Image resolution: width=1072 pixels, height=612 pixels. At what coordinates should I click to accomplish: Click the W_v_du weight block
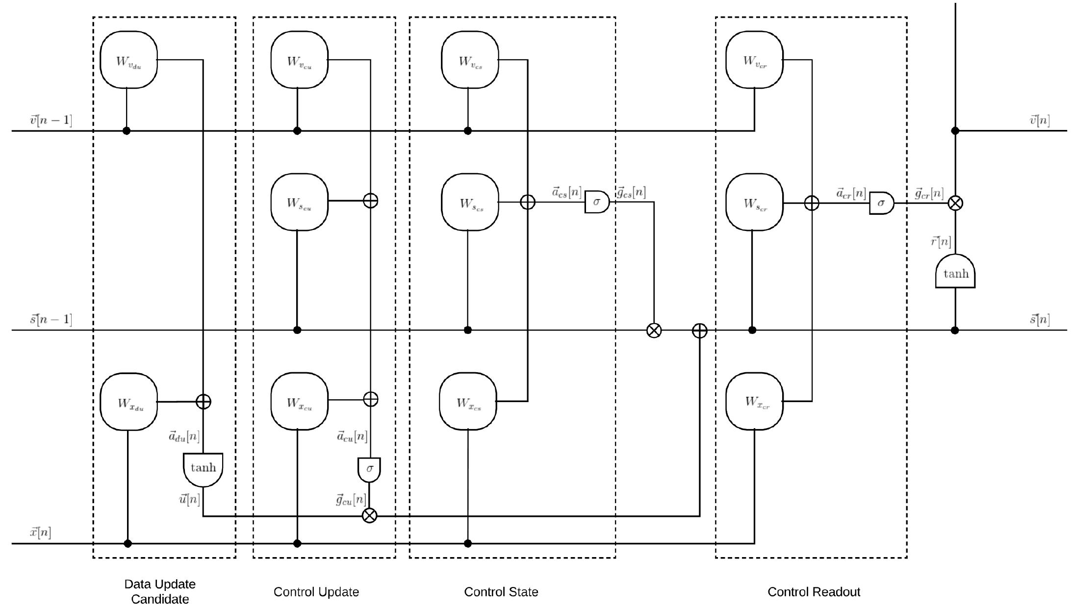[128, 60]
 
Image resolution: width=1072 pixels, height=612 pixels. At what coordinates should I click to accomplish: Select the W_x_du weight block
[128, 402]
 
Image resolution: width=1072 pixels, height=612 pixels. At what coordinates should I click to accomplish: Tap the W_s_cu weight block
[299, 202]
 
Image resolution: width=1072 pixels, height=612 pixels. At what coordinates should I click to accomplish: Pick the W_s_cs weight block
[470, 202]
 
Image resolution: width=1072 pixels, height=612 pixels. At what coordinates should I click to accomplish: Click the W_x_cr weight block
[754, 402]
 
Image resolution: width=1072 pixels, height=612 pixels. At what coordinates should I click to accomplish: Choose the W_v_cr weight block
[754, 60]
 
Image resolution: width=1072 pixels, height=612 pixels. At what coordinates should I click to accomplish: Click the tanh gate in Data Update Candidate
[203, 468]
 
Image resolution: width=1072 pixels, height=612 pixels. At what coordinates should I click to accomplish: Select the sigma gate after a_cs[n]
[596, 202]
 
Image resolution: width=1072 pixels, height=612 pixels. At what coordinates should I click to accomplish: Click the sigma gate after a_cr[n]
[881, 203]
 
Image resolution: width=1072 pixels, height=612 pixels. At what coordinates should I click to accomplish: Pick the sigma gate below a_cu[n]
[369, 469]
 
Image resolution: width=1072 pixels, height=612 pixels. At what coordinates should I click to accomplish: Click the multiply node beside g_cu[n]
[369, 515]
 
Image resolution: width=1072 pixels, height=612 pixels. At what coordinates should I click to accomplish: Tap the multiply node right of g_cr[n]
[955, 203]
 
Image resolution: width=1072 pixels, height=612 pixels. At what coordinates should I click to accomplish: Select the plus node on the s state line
[699, 331]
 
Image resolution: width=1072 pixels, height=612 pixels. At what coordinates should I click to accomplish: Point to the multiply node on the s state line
[654, 331]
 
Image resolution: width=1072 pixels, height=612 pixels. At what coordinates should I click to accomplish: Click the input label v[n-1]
[51, 120]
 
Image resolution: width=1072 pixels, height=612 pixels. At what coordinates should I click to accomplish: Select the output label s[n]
[1039, 320]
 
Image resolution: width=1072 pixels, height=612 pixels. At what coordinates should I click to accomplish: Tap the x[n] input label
[40, 532]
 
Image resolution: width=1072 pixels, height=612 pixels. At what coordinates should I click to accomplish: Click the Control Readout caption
[814, 592]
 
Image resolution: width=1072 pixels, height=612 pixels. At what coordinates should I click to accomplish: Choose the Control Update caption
[316, 592]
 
